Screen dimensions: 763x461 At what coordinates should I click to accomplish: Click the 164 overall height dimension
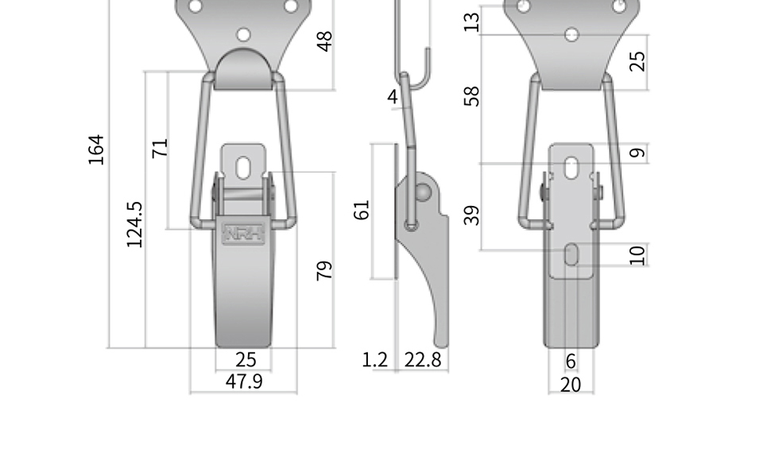tap(96, 149)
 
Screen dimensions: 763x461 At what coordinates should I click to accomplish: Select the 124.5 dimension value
tap(134, 224)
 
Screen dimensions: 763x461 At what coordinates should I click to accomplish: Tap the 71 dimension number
tap(160, 148)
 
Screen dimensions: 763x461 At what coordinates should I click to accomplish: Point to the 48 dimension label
tap(324, 41)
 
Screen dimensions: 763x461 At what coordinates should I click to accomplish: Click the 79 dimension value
tap(324, 271)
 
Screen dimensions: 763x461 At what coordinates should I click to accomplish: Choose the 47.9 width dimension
tap(244, 382)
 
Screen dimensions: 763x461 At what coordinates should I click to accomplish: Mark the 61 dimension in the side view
tap(362, 210)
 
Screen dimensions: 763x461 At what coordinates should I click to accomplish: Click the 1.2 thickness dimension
tap(375, 360)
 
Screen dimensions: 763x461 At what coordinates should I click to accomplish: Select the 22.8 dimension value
tap(422, 360)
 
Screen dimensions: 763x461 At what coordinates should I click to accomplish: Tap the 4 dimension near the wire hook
tap(393, 96)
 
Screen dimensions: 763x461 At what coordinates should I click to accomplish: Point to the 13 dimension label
tap(471, 22)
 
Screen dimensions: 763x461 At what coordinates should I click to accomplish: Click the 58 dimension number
tap(471, 96)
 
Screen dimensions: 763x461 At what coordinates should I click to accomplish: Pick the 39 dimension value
tap(471, 215)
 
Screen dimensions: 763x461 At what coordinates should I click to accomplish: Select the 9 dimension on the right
tap(637, 153)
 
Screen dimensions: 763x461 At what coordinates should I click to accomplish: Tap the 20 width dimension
tap(571, 385)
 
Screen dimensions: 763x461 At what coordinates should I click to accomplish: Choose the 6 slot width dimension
tap(571, 361)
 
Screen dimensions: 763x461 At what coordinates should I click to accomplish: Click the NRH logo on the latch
tap(243, 233)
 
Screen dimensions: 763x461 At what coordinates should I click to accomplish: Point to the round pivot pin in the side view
tap(422, 193)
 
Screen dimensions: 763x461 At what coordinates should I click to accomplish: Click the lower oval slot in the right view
tap(571, 254)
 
